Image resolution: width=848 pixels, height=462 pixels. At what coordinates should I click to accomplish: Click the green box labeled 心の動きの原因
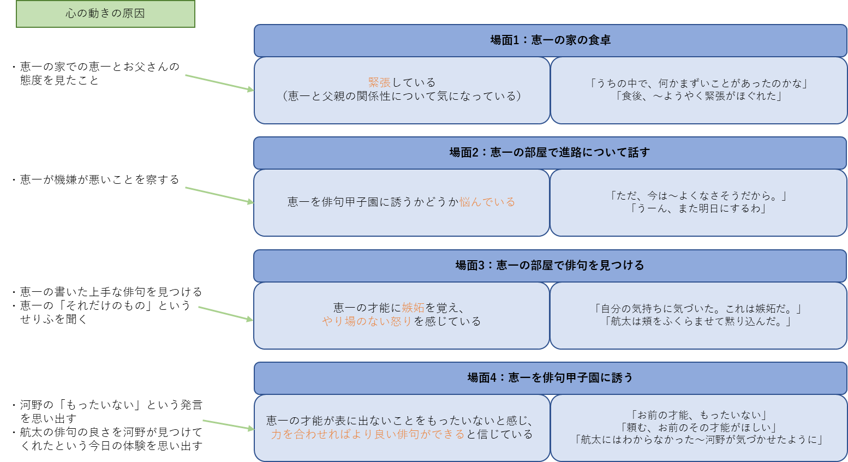coord(105,14)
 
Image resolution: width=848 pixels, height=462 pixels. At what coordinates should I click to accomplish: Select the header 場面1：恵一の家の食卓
coord(550,40)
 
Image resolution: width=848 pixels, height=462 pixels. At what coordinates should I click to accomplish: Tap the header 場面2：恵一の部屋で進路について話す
coord(550,153)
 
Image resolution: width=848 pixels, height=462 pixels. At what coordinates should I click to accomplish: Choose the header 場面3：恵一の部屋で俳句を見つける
coord(550,266)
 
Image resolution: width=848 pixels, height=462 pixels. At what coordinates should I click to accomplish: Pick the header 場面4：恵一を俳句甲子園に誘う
coord(550,377)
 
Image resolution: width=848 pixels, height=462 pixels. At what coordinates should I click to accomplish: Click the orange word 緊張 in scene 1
coord(379,82)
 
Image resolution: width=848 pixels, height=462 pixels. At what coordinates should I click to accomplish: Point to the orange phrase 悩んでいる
coord(487,202)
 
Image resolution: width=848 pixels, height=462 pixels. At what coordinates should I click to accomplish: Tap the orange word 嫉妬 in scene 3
coord(413,308)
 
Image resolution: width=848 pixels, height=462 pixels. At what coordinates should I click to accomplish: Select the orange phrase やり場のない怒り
coord(367,321)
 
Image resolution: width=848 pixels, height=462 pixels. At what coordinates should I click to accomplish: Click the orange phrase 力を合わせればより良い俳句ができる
coord(368,434)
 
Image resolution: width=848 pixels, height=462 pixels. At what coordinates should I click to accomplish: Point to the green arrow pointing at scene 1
coord(219,82)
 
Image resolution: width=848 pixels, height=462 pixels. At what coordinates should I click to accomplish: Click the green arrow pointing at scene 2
coord(219,195)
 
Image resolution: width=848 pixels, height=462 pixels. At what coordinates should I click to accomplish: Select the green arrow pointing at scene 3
coord(226,314)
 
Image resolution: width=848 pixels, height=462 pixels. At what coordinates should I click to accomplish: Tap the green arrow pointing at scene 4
coord(228,425)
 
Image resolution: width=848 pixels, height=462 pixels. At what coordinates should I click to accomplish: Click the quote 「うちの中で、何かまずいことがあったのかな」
coord(698,83)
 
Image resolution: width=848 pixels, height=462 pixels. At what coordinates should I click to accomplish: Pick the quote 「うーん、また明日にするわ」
coord(698,208)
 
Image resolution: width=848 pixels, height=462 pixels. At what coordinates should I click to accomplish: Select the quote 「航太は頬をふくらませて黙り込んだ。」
coord(698,321)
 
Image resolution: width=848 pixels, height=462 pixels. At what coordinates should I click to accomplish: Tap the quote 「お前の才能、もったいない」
coord(698,415)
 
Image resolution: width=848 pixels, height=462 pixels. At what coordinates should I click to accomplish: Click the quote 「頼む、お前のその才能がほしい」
coord(698,427)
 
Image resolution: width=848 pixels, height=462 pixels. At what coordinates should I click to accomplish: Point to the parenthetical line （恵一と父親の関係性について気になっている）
coord(402,96)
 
